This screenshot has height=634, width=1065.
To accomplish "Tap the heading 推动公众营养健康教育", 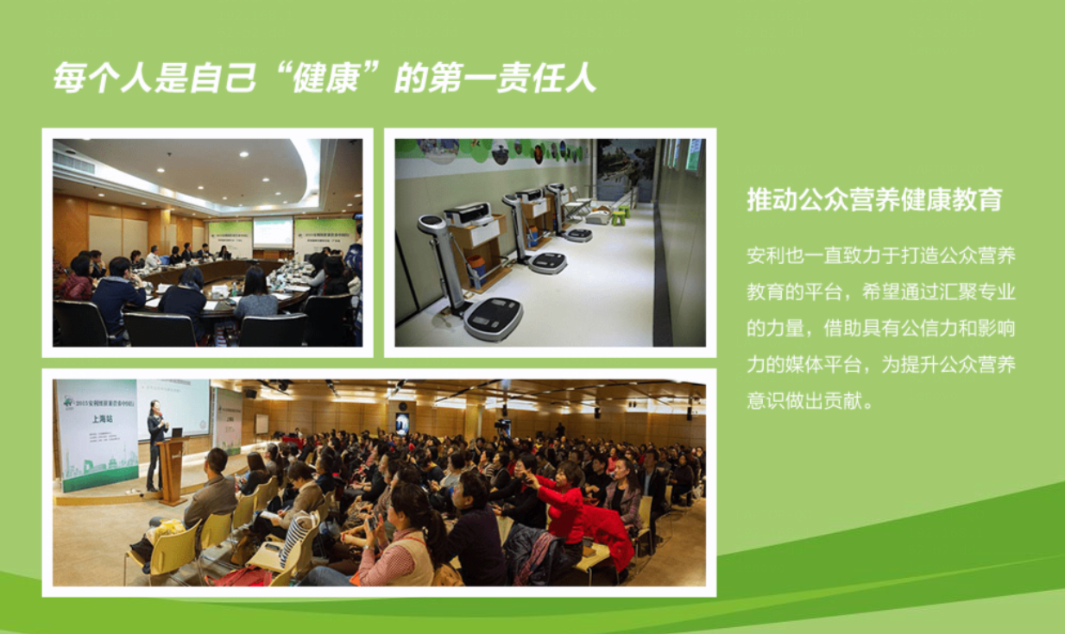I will [x=874, y=199].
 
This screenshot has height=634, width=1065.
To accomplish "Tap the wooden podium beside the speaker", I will [x=173, y=470].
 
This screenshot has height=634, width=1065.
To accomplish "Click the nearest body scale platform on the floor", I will [x=493, y=317].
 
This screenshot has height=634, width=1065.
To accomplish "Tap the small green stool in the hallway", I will [x=619, y=217].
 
